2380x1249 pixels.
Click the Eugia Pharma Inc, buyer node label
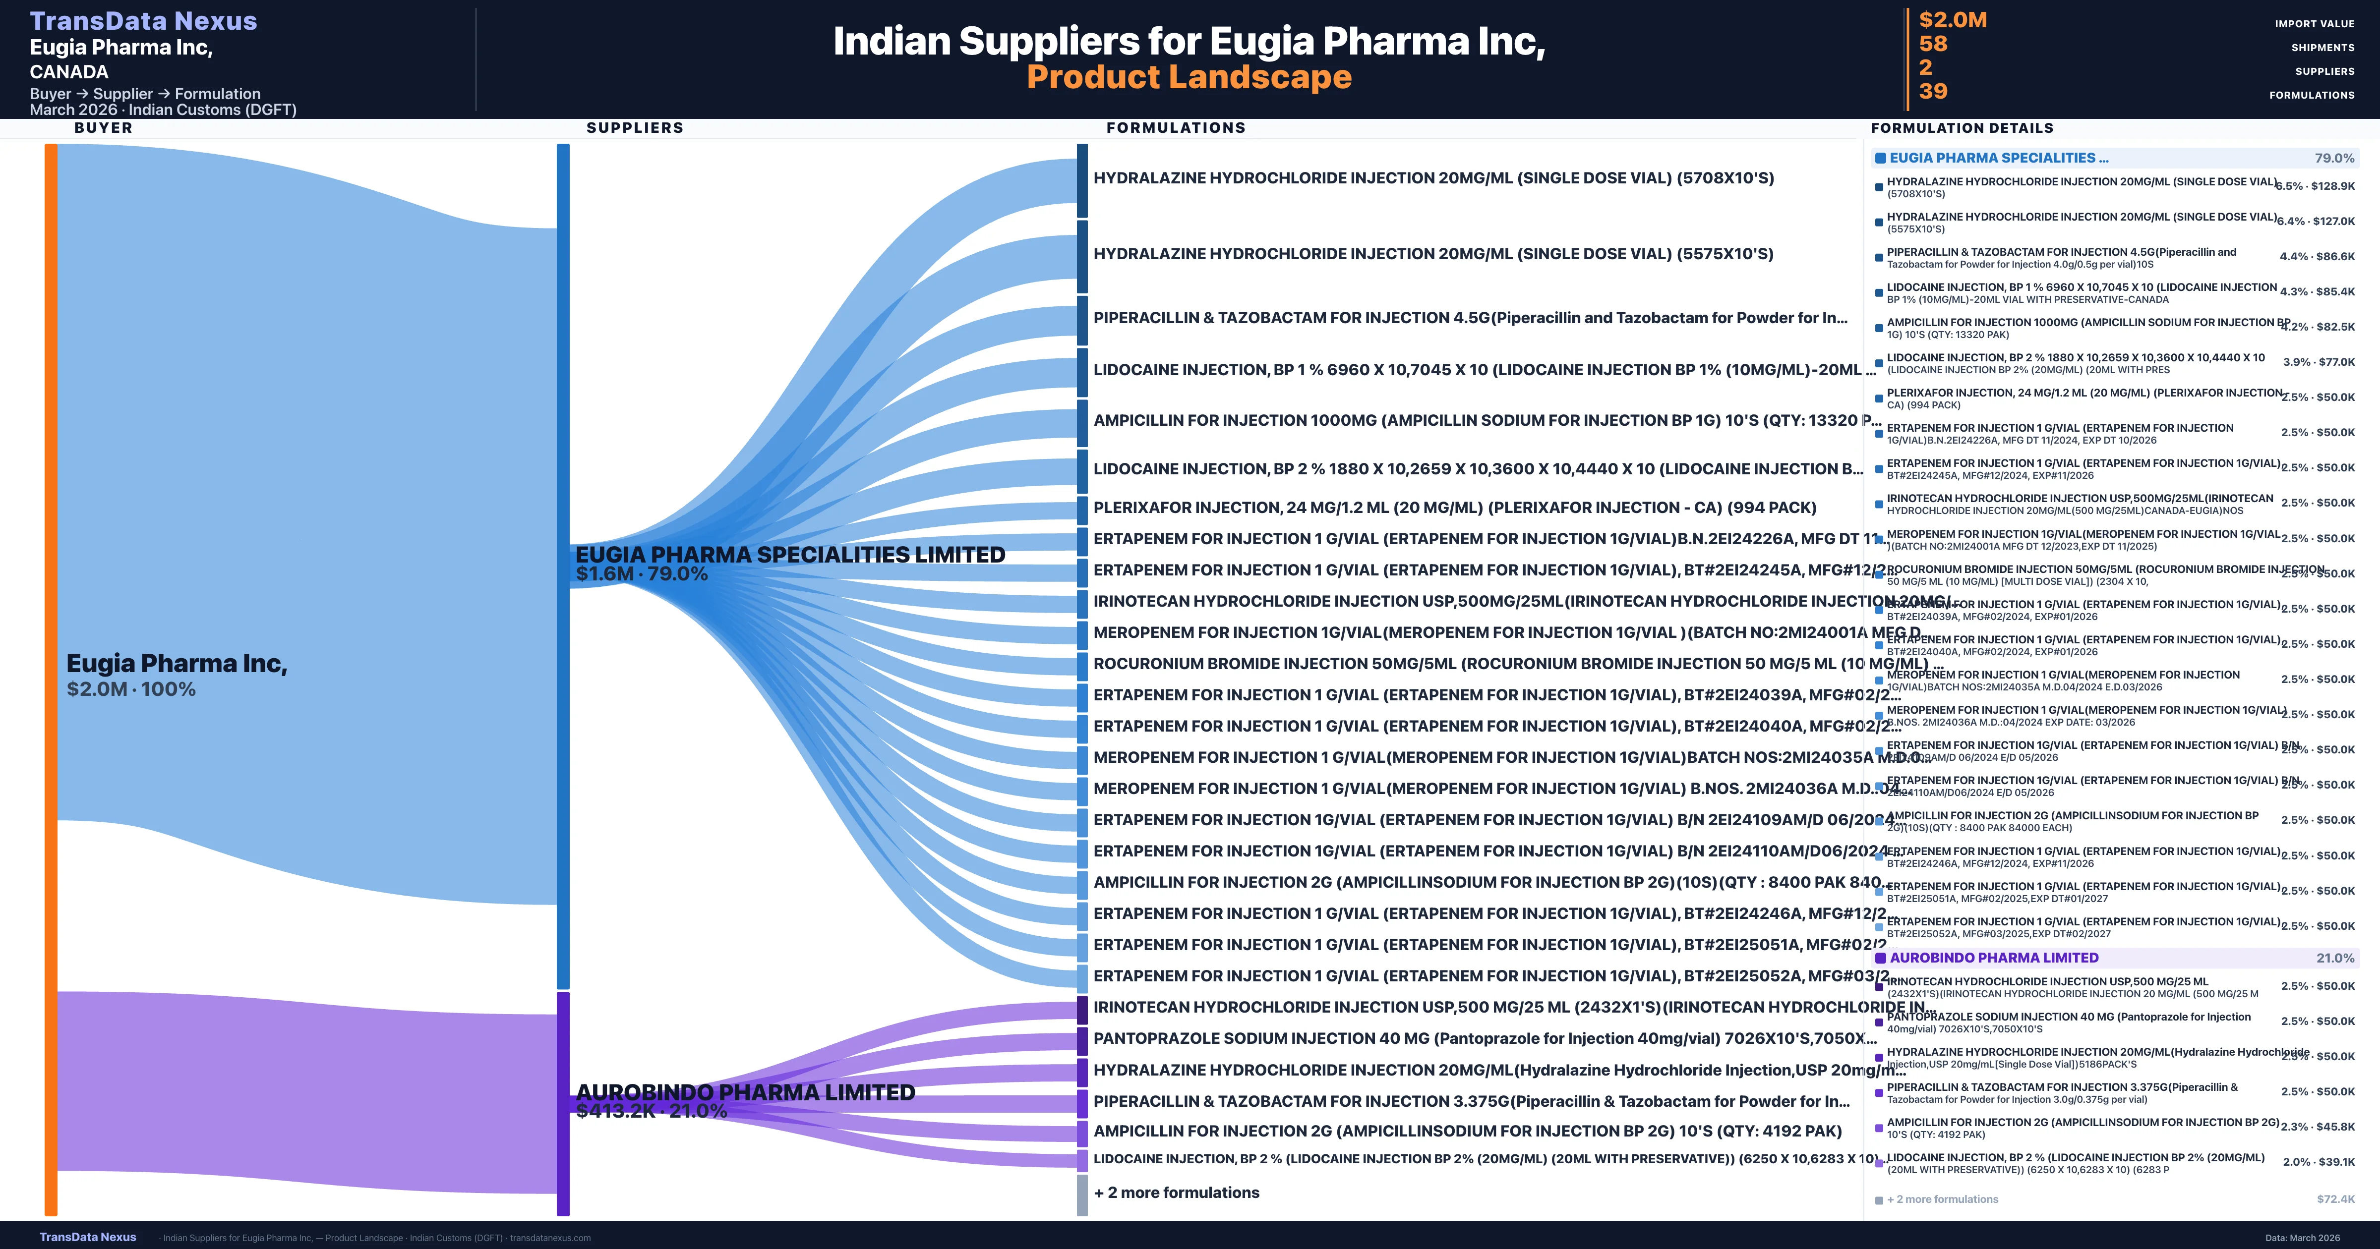177,663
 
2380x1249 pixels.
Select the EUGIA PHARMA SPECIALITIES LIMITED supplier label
790,554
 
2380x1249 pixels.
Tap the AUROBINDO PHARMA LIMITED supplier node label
745,1092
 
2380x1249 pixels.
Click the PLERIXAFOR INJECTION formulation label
1454,507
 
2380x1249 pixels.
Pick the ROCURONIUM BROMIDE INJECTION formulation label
1515,663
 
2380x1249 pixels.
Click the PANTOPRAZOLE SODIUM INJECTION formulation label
1484,1038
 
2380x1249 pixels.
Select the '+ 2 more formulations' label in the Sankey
1176,1192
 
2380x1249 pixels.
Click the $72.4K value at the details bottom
2336,1199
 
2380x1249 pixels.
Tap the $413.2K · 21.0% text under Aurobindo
652,1111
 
